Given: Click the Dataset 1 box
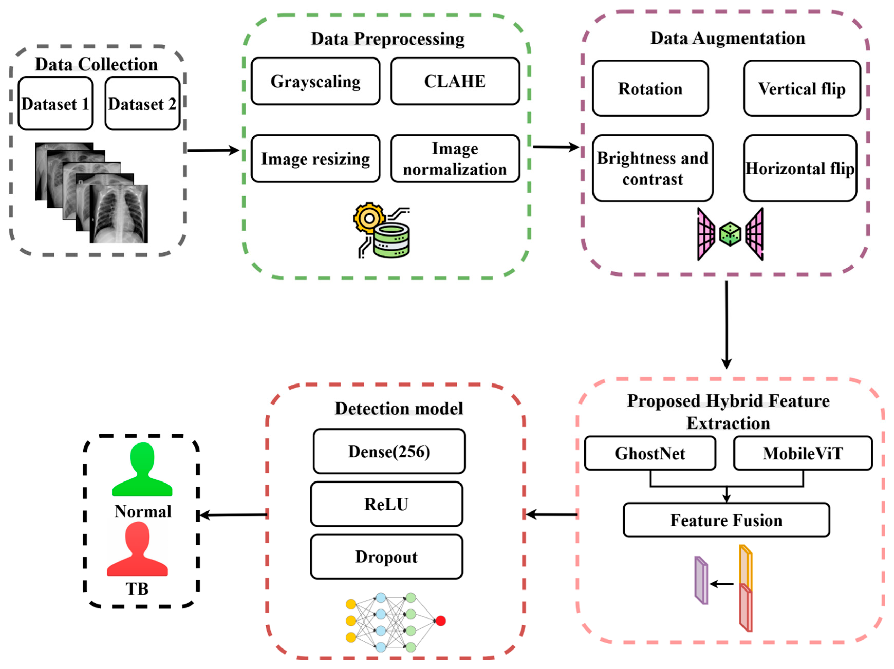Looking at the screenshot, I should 56,103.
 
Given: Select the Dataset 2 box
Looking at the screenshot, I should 142,103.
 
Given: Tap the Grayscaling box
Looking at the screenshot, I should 315,81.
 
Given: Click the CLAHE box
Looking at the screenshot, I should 455,81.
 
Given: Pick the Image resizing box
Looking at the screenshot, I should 315,159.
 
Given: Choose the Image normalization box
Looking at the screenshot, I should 455,159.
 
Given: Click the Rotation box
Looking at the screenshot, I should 650,88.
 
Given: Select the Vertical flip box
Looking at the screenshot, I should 802,88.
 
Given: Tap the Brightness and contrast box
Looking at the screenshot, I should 653,168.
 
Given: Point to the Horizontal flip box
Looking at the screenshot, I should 800,168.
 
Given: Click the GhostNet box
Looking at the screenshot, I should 650,453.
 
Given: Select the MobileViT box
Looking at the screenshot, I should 803,453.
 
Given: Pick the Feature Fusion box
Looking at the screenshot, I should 726,520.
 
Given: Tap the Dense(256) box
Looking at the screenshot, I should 389,451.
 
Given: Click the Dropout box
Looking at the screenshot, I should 386,556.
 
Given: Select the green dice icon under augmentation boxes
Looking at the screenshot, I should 730,234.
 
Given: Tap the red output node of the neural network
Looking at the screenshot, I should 440,621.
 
